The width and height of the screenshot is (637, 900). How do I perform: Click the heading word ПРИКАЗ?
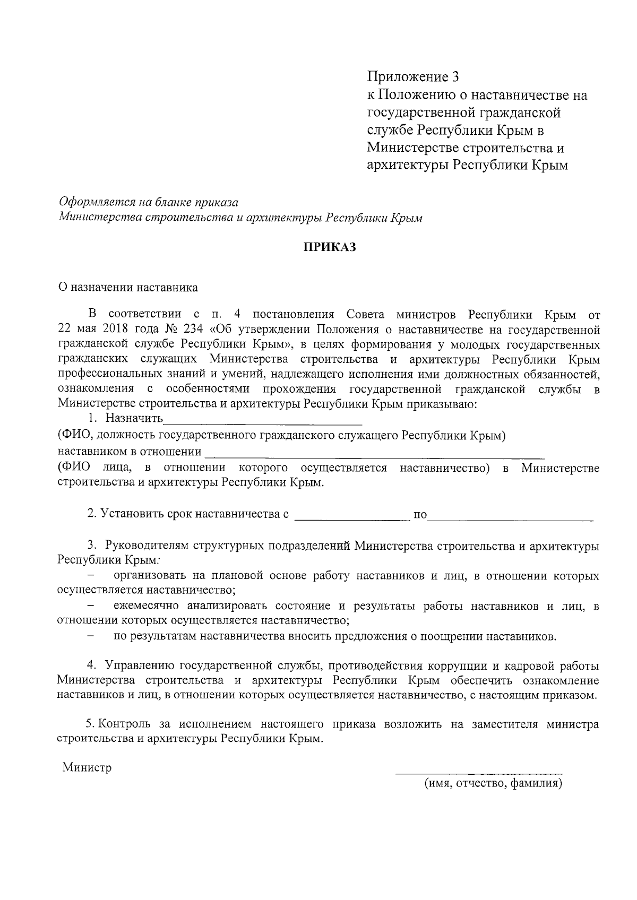(329, 248)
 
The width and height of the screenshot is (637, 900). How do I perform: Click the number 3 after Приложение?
(454, 77)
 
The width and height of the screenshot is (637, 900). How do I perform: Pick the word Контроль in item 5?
(123, 725)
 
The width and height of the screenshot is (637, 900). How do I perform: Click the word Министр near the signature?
(87, 768)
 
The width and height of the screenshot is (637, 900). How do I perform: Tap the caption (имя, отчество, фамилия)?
(493, 784)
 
